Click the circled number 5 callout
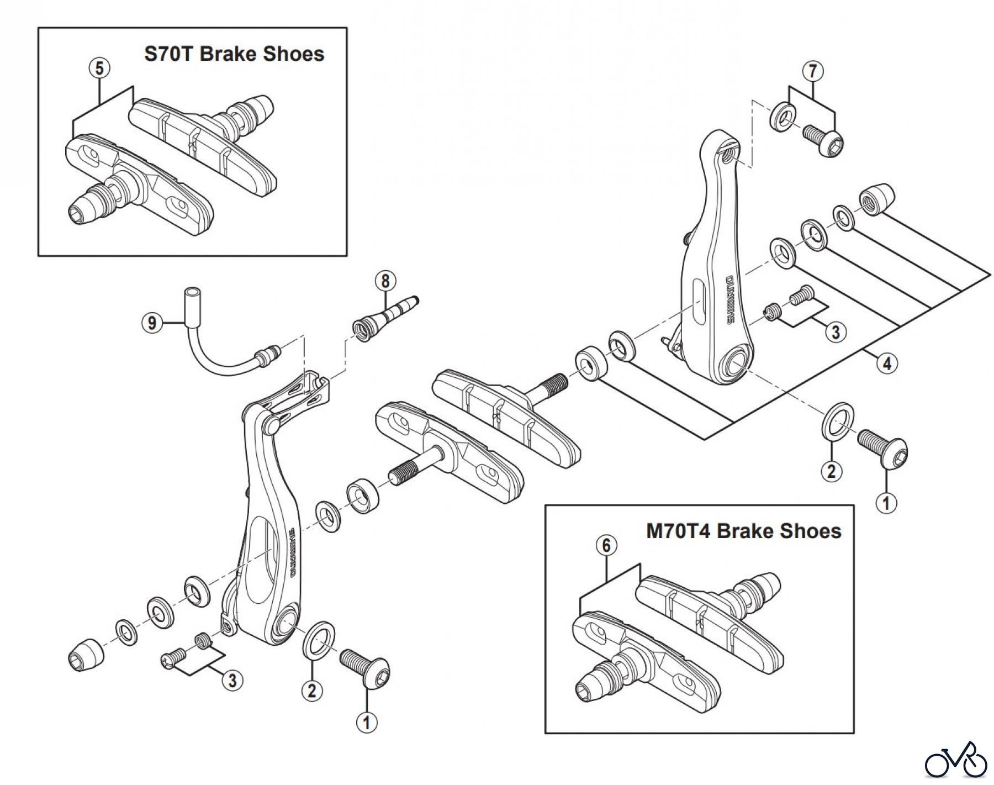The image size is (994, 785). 99,69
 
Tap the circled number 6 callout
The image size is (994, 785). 606,546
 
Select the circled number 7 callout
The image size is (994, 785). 812,71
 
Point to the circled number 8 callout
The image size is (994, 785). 385,281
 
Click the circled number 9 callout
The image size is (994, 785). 152,322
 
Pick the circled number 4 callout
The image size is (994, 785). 887,363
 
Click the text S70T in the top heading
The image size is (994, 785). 169,54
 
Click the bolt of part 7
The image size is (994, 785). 823,140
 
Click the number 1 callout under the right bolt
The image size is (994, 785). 886,503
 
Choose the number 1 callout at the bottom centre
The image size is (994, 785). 367,721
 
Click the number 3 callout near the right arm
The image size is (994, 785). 836,332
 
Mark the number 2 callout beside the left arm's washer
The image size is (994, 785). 312,690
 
